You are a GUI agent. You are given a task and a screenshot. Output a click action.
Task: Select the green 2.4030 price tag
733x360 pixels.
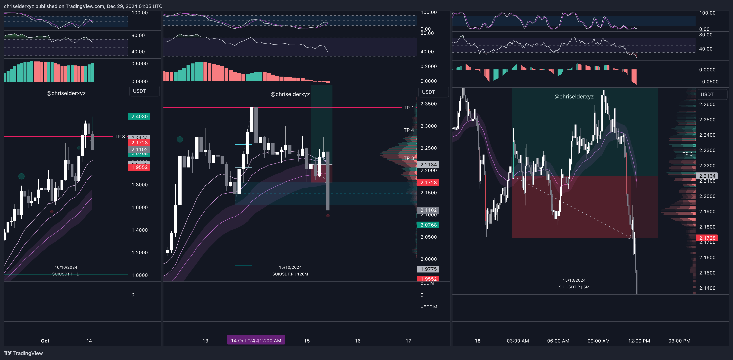click(x=139, y=117)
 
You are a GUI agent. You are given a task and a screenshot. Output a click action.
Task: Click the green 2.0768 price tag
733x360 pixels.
click(x=428, y=225)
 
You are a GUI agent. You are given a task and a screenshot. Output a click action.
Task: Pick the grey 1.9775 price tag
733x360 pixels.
click(x=428, y=269)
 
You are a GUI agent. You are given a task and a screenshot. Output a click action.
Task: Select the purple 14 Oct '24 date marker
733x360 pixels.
click(x=256, y=340)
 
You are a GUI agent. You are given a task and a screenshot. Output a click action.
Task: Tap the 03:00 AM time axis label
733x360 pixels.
click(x=518, y=341)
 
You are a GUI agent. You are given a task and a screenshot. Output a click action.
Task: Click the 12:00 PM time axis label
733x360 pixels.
click(x=639, y=341)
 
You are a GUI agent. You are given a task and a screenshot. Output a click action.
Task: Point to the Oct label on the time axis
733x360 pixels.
click(x=45, y=341)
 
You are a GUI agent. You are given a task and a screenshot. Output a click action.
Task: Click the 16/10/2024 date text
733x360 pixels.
click(x=66, y=267)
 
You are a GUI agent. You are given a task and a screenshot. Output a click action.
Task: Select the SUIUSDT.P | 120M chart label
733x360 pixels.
click(x=290, y=274)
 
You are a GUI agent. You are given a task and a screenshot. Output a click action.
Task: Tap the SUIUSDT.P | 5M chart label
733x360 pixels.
click(x=574, y=287)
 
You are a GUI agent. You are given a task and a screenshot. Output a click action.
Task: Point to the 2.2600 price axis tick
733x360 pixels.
click(x=707, y=104)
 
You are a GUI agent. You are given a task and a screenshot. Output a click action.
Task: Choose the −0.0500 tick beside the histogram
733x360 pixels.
click(x=709, y=82)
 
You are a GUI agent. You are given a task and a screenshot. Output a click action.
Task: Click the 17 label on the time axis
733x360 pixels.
click(x=408, y=341)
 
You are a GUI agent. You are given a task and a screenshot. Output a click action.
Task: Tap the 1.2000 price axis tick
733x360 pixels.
click(x=139, y=253)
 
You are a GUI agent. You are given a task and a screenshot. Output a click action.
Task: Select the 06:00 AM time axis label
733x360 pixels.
click(x=558, y=341)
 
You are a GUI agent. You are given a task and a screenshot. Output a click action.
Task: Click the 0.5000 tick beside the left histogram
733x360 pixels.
click(x=139, y=64)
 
